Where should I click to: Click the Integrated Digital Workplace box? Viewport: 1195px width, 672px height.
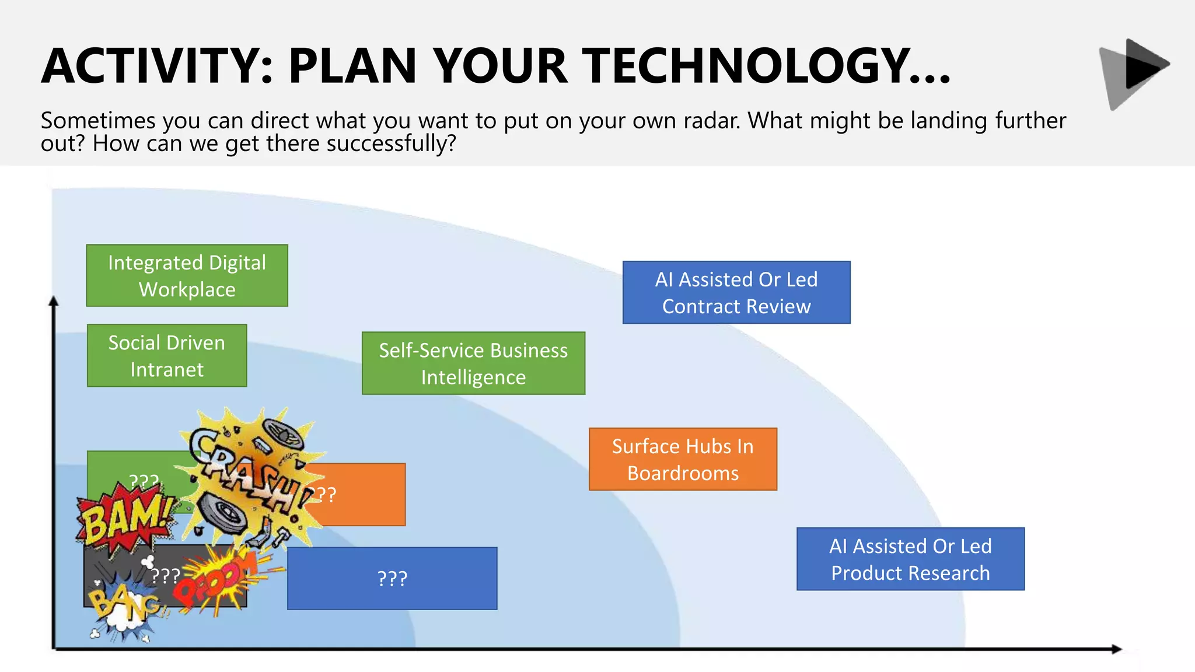(x=187, y=275)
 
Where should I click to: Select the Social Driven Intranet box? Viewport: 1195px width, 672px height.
(x=167, y=355)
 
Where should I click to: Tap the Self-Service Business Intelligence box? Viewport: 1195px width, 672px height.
(x=473, y=363)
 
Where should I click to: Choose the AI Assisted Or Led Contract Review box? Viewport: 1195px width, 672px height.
(x=736, y=292)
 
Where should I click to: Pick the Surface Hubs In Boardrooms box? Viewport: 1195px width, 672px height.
(x=683, y=459)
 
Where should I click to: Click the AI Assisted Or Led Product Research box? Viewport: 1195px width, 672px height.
(x=910, y=559)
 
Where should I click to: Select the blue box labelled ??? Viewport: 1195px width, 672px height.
(x=392, y=578)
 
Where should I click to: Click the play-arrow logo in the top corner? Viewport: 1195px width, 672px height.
(x=1135, y=72)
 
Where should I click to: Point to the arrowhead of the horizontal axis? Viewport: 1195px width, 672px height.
(x=1116, y=649)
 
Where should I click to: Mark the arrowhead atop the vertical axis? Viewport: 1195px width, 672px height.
(x=54, y=301)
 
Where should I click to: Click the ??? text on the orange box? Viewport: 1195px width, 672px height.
(x=324, y=495)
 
